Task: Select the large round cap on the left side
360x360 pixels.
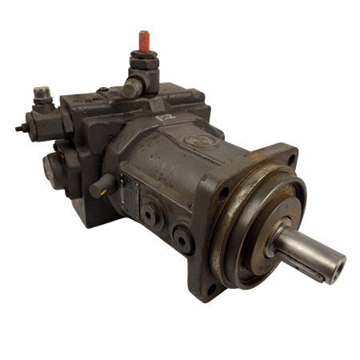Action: click(53, 168)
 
